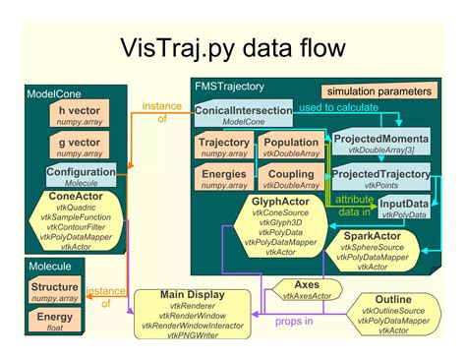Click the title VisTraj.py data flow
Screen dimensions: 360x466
[232, 49]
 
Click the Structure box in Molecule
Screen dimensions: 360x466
[54, 291]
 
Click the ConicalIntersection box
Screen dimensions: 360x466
[243, 115]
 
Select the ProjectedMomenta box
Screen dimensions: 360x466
[379, 144]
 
